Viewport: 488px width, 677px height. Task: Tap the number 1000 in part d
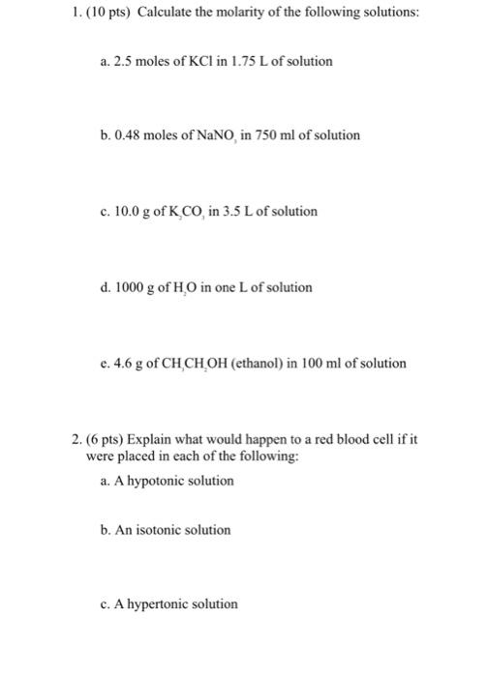130,287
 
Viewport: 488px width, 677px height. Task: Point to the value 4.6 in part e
122,364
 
